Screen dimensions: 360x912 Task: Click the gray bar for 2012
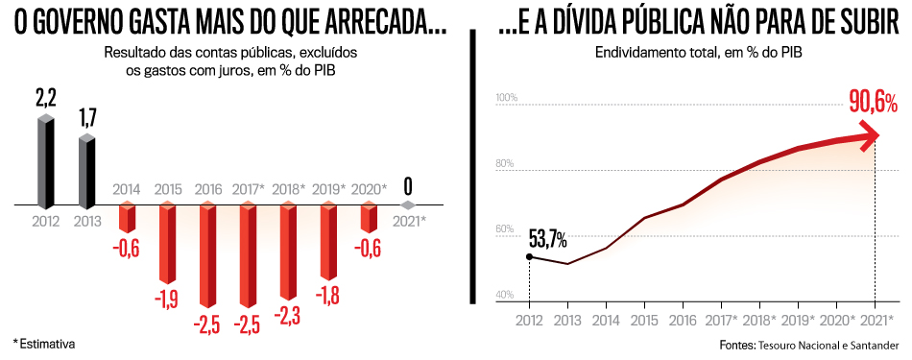click(45, 162)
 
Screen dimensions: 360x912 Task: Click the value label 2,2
click(46, 98)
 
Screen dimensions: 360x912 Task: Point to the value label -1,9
click(167, 299)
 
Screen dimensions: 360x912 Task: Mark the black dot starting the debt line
click(529, 256)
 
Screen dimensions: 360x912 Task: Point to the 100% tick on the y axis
click(506, 99)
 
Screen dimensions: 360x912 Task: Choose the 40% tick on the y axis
click(506, 295)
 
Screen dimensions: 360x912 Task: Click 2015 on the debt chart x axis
click(645, 320)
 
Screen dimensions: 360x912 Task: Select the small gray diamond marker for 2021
click(409, 205)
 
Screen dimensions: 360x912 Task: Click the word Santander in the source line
click(872, 344)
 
